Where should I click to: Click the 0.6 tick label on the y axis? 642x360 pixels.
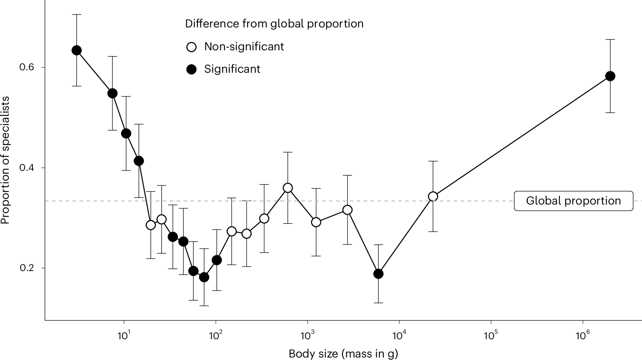pyautogui.click(x=27, y=67)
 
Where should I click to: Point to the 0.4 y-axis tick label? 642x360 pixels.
pyautogui.click(x=27, y=168)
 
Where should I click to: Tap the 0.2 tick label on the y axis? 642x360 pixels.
pyautogui.click(x=27, y=268)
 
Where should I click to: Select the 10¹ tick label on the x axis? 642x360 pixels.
pyautogui.click(x=123, y=335)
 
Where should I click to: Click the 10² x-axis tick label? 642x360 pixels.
pyautogui.click(x=215, y=335)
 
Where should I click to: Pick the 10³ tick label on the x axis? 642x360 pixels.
pyautogui.click(x=307, y=335)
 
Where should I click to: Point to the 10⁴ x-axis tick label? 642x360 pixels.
pyautogui.click(x=399, y=335)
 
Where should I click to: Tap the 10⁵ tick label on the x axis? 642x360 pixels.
pyautogui.click(x=491, y=335)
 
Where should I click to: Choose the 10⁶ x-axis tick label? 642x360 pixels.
pyautogui.click(x=583, y=335)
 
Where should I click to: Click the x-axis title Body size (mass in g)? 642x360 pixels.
pyautogui.click(x=343, y=354)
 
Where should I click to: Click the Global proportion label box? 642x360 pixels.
pyautogui.click(x=573, y=201)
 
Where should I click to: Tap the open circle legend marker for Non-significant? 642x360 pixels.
pyautogui.click(x=191, y=47)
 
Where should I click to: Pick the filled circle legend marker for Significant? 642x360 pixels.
pyautogui.click(x=191, y=69)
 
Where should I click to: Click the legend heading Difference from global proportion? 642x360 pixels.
pyautogui.click(x=274, y=24)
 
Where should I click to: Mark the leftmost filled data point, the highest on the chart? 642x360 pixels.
pyautogui.click(x=77, y=50)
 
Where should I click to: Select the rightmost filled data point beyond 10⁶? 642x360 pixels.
pyautogui.click(x=610, y=76)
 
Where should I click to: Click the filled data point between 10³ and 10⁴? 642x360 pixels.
pyautogui.click(x=378, y=274)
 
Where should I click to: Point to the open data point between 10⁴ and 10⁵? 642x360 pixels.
pyautogui.click(x=433, y=196)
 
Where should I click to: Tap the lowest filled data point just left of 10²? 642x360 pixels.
pyautogui.click(x=204, y=277)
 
